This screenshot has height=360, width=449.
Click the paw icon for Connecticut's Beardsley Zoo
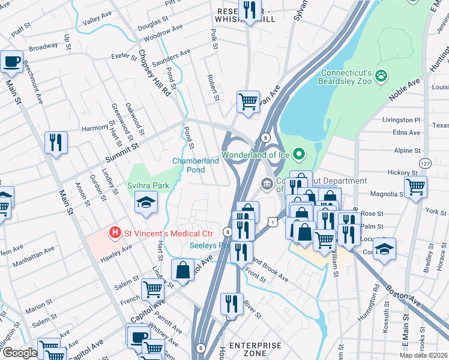pos(380,76)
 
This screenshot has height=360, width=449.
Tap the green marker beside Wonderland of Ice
pos(299,155)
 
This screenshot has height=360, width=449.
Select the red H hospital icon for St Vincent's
pos(113,232)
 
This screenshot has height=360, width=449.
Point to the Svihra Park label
pos(148,185)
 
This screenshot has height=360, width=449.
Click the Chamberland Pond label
pos(196,165)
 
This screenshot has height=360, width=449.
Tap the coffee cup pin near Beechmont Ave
pos(12,61)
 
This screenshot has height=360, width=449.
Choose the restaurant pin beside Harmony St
pos(56,143)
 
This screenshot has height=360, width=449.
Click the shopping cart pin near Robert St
pos(247,101)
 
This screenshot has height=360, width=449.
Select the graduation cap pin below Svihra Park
pos(145,202)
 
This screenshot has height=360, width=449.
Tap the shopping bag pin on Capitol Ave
pos(182,270)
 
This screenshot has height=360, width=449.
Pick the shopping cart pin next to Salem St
pos(152,289)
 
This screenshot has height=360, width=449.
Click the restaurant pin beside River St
pos(231,304)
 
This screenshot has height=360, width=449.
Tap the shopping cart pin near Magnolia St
pos(415,187)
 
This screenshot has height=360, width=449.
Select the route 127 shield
pos(425,163)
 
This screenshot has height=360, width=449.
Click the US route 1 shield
pos(273,222)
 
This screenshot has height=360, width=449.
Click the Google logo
pos(19,353)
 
